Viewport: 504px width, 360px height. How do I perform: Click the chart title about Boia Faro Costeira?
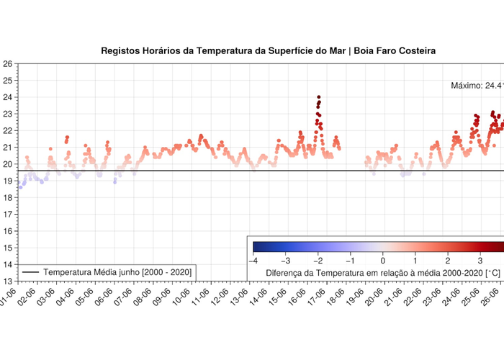[268, 51]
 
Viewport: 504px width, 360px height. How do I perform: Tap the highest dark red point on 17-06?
[318, 97]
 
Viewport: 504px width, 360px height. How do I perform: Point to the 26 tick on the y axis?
[7, 64]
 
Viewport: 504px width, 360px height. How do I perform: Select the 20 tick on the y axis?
[7, 164]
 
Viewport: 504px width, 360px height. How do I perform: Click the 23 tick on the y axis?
[7, 114]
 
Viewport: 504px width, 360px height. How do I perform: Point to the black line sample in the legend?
[30, 272]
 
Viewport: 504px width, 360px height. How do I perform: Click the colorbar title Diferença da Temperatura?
[383, 273]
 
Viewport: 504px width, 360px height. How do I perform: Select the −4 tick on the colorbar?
[253, 260]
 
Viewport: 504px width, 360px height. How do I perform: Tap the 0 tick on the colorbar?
[383, 260]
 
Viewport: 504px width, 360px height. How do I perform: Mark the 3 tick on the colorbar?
[480, 260]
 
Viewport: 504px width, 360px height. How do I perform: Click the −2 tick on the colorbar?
[318, 260]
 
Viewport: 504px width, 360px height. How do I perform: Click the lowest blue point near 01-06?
[19, 187]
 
